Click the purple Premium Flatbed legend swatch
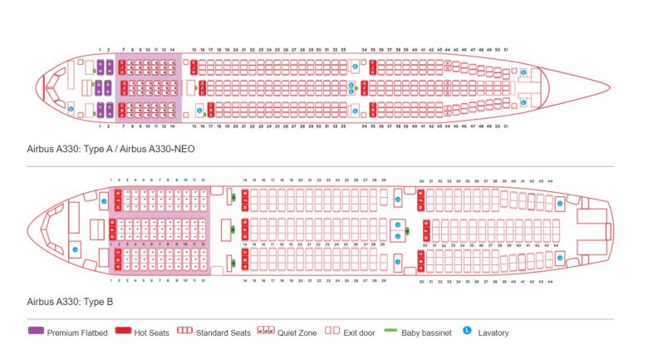pos(35,333)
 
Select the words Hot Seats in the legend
pos(152,333)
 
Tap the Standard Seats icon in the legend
pos(184,333)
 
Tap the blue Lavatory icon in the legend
pos(466,332)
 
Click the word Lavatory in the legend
pos(494,333)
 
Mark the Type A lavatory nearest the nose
pos(71,107)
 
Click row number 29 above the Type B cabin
pos(383,180)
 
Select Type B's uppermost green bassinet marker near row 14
pos(233,198)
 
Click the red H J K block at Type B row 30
pos(421,199)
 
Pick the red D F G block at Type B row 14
pos(244,229)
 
